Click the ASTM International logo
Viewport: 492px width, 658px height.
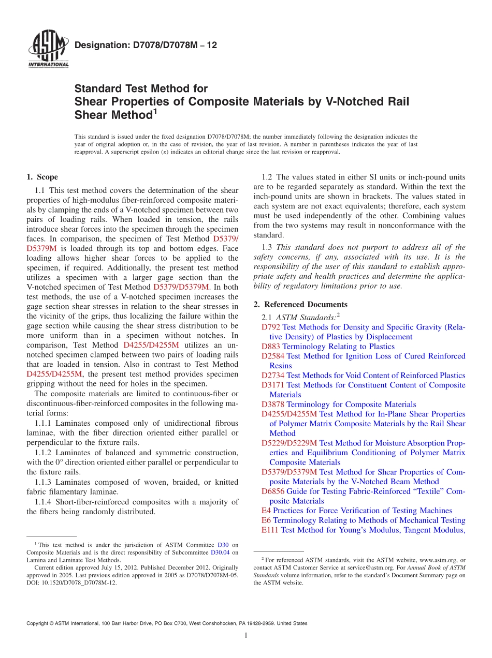pyautogui.click(x=48, y=50)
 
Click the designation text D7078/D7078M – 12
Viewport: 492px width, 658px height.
pyautogui.click(x=146, y=46)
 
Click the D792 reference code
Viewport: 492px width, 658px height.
pyautogui.click(x=271, y=327)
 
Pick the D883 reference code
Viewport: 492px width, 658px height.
pyautogui.click(x=271, y=347)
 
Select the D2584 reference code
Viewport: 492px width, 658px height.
pyautogui.click(x=273, y=356)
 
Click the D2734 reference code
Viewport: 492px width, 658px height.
pyautogui.click(x=273, y=376)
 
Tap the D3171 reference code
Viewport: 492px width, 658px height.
pyautogui.click(x=273, y=385)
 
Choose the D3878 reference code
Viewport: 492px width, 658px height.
pyautogui.click(x=273, y=405)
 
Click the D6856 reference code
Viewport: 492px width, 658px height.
pyautogui.click(x=273, y=491)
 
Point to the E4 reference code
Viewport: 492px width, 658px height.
pyautogui.click(x=266, y=511)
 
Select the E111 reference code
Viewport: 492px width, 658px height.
pyautogui.click(x=270, y=530)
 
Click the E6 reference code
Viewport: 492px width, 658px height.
pyautogui.click(x=266, y=520)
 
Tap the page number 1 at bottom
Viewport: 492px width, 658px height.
pyautogui.click(x=246, y=635)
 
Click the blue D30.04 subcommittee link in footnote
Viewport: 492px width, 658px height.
pyautogui.click(x=221, y=552)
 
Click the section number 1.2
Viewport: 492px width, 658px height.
pyautogui.click(x=267, y=177)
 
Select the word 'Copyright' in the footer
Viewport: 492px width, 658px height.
pyautogui.click(x=38, y=623)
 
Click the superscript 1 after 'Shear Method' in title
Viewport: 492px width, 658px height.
pyautogui.click(x=154, y=110)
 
